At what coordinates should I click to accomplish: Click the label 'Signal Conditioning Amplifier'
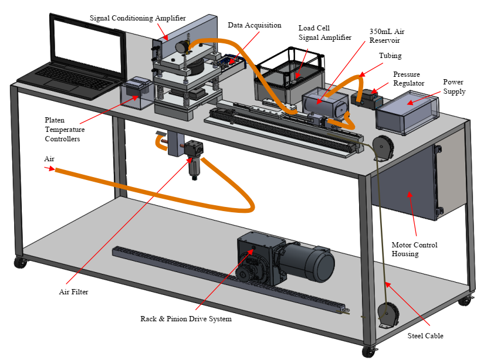[x=137, y=18]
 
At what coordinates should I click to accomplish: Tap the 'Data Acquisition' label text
[x=255, y=25]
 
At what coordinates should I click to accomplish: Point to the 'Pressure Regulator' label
[x=408, y=79]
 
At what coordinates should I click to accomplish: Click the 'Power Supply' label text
[x=454, y=87]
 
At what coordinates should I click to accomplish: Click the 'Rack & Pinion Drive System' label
[x=186, y=319]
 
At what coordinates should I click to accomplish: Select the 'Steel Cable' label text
[x=425, y=336]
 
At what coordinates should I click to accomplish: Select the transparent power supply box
[x=407, y=113]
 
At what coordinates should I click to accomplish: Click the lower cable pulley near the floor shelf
[x=388, y=313]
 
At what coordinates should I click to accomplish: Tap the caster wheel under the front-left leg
[x=20, y=263]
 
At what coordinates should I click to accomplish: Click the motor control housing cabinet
[x=405, y=182]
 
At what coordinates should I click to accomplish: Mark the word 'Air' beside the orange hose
[x=49, y=159]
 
